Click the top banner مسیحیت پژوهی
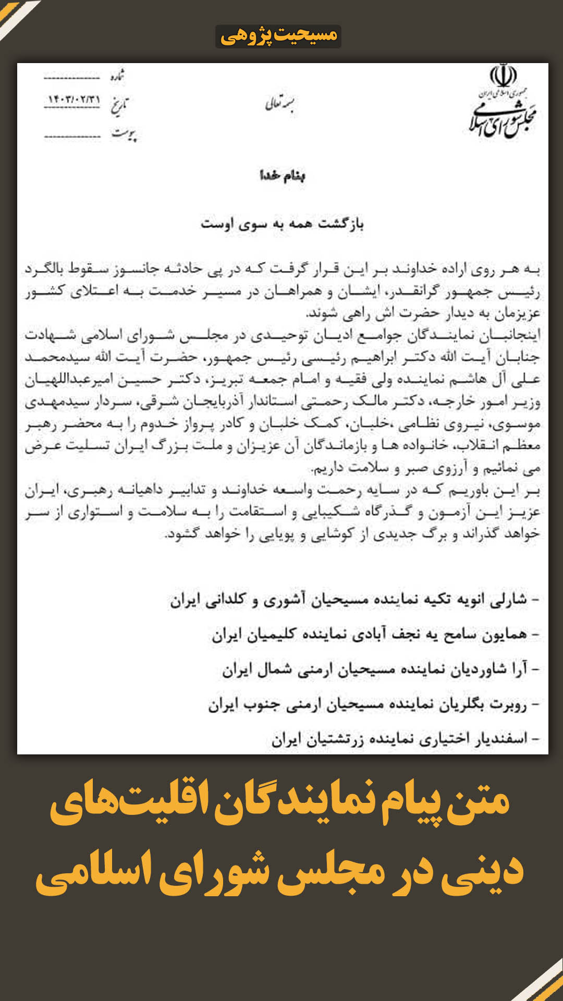278,36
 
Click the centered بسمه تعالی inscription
279,104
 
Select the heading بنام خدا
282,176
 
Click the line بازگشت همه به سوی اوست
282,224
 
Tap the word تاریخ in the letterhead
119,104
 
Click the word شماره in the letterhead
118,76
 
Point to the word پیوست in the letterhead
124,134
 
